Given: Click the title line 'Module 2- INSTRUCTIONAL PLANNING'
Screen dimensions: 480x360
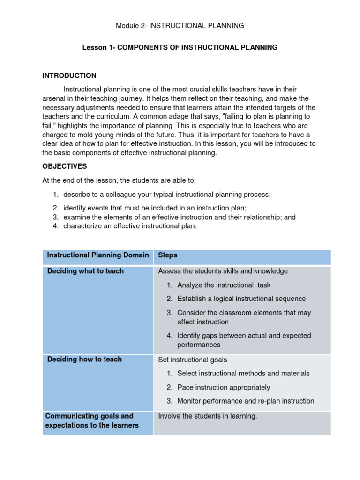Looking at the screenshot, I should [180, 26].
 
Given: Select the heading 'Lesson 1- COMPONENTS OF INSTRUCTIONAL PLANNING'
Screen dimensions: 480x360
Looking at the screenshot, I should [180, 48].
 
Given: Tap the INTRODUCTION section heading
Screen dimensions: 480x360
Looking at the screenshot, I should [69, 75].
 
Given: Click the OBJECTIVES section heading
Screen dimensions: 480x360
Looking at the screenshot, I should [65, 166].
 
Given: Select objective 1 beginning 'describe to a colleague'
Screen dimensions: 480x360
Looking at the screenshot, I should [167, 194].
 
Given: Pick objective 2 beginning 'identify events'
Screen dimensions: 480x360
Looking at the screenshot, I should [155, 208].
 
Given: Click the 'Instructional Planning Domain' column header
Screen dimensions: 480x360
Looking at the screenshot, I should [98, 255].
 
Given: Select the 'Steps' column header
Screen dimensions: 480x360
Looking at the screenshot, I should [168, 255].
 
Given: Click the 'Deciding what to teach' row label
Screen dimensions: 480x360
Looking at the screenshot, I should [85, 271].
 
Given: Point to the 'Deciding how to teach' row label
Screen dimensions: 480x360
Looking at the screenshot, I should [84, 360].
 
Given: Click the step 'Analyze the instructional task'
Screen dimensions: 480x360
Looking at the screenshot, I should [224, 285].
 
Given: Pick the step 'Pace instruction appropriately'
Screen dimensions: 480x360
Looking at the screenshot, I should [224, 387].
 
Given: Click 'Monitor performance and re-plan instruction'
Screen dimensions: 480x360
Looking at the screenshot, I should [246, 401].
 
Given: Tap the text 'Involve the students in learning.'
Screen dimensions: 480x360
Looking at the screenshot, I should [208, 416].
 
